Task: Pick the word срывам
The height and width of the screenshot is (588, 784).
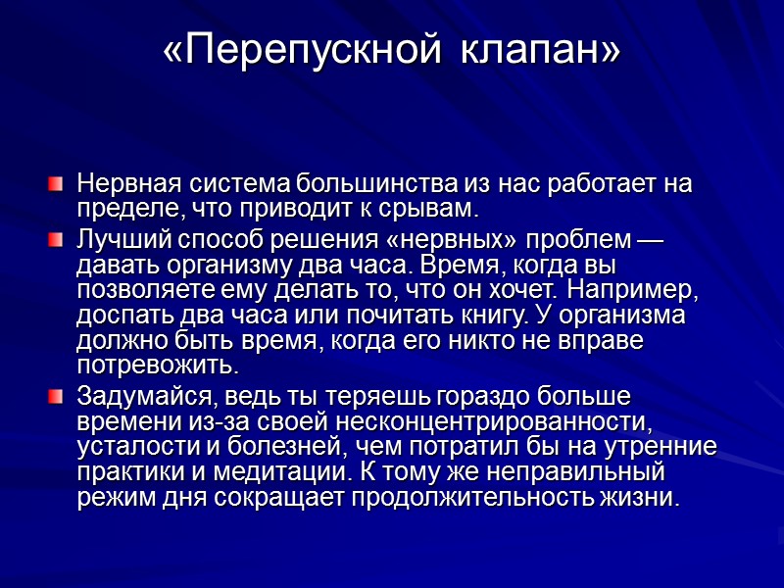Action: [430, 210]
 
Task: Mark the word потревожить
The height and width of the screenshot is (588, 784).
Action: [157, 367]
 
